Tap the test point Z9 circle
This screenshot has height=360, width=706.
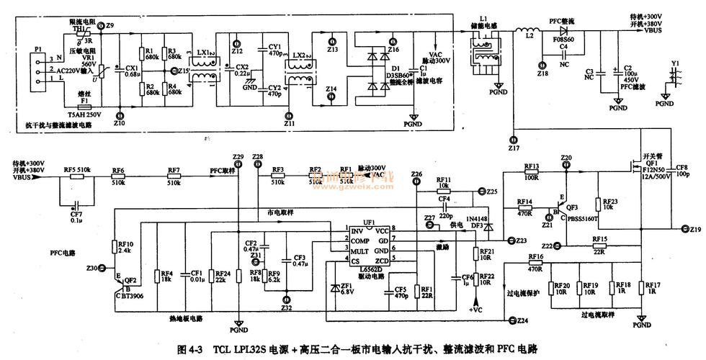pyautogui.click(x=102, y=27)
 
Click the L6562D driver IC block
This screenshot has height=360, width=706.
pyautogui.click(x=369, y=249)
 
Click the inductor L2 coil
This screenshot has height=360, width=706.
pyautogui.click(x=523, y=30)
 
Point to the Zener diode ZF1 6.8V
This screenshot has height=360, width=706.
pyautogui.click(x=334, y=287)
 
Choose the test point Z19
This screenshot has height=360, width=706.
pyautogui.click(x=685, y=230)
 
